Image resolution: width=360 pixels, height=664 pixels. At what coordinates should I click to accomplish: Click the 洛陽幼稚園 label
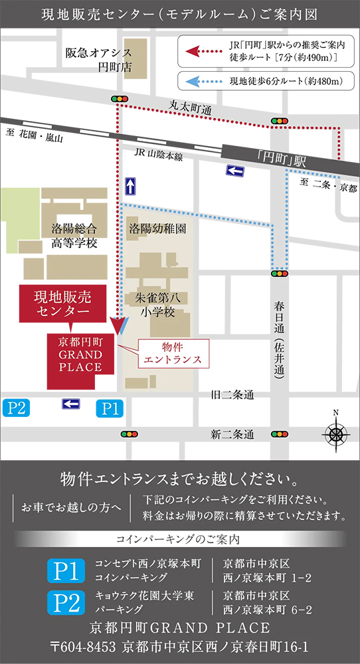(157, 228)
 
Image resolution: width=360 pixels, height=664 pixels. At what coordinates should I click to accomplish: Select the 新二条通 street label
(232, 435)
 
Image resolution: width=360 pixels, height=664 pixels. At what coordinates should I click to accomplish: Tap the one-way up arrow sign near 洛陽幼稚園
(131, 185)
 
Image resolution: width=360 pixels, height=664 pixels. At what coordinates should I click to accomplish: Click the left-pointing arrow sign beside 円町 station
(235, 171)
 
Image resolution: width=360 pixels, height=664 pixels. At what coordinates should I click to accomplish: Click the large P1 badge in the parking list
(66, 570)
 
